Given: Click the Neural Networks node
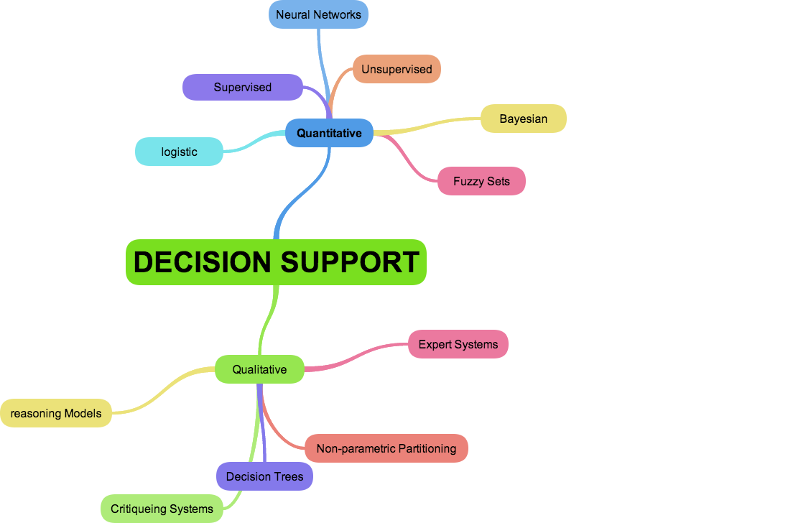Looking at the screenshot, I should point(318,14).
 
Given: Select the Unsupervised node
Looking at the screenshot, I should point(397,70).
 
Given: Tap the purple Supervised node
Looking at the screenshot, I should point(242,88).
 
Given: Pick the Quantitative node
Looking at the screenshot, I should point(329,134).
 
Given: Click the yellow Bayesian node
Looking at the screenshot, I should point(523,119).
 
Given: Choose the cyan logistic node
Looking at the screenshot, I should point(179,152).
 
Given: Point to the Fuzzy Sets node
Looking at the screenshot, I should point(481,182).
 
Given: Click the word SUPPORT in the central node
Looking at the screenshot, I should point(349,262).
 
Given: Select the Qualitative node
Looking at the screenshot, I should point(259,370).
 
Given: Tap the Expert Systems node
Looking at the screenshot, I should point(458,345).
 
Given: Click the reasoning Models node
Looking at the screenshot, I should point(56,414).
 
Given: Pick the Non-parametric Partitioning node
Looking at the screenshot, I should point(386,449).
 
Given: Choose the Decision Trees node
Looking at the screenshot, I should point(264,477).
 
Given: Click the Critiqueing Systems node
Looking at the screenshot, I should point(162,509).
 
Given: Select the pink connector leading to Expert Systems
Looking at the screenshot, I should point(359,360).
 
